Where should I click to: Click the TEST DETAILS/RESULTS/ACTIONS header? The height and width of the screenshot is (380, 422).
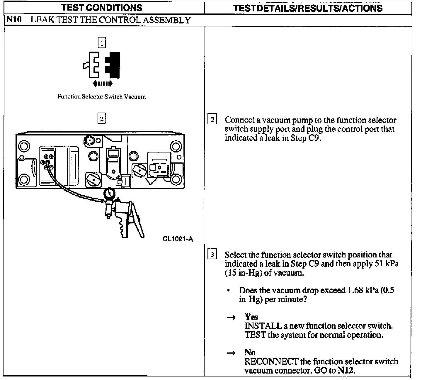point(308,8)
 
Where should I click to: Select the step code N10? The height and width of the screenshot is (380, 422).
point(14,20)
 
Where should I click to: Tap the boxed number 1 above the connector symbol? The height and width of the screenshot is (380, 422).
point(101,44)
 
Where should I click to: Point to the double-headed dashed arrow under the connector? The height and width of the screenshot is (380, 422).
point(102,84)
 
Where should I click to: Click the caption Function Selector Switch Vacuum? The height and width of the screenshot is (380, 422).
point(101,97)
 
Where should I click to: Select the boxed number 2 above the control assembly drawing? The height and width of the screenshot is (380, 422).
point(101,119)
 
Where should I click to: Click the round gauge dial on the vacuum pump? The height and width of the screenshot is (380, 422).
point(109,194)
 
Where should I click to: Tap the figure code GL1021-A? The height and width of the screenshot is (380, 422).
point(178,239)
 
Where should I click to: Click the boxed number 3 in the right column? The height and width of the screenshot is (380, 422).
point(212,254)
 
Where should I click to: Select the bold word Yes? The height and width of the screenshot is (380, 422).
point(251,317)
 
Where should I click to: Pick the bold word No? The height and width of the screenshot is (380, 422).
point(250,352)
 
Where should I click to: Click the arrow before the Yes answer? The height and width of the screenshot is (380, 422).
point(231,318)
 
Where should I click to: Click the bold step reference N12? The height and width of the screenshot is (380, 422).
point(346,370)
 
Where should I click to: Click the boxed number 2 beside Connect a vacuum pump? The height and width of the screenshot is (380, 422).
point(212,120)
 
